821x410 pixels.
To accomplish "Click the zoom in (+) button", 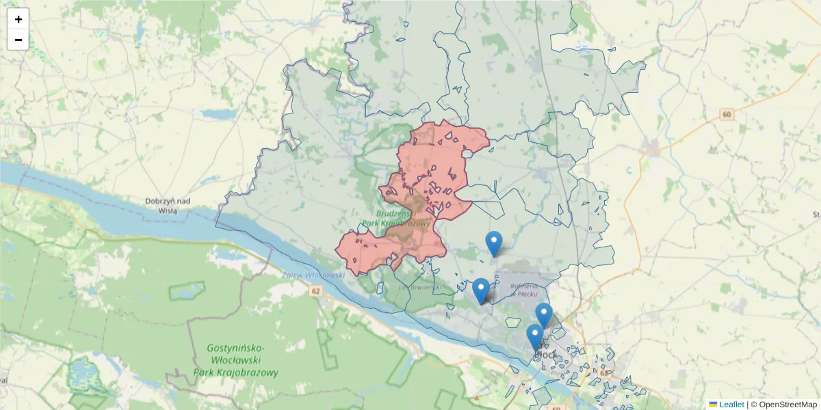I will (18, 19).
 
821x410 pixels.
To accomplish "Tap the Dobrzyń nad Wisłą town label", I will (167, 206).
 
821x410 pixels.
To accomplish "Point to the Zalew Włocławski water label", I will (313, 275).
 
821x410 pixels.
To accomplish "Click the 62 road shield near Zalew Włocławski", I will (315, 291).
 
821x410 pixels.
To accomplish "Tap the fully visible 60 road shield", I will (727, 114).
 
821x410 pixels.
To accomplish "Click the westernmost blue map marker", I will (481, 290).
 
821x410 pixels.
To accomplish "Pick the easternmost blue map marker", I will (543, 315).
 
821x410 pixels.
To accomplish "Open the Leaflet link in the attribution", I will (731, 405).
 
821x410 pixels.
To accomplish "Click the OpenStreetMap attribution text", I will (787, 405).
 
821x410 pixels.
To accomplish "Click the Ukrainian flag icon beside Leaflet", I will (713, 405).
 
